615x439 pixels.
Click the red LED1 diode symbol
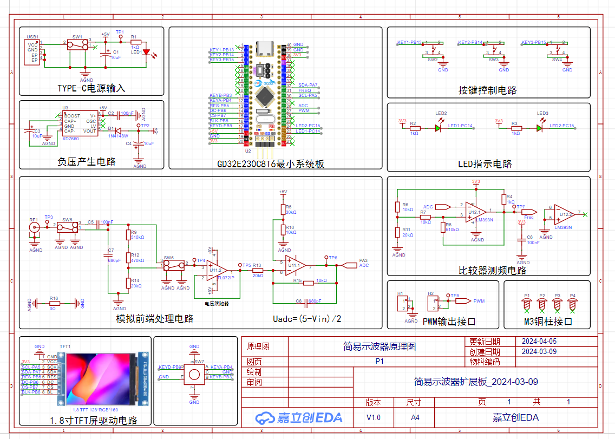[x=146, y=51]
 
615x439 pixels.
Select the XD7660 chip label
[x=70, y=139]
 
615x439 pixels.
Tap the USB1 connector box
[x=33, y=52]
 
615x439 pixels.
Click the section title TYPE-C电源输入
[x=91, y=88]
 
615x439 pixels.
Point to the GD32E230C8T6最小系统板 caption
[x=271, y=164]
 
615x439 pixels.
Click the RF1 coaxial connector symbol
[x=34, y=227]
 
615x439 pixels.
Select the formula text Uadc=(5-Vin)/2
[x=307, y=318]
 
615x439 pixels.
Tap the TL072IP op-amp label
[x=225, y=278]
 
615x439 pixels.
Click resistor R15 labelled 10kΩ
[x=308, y=283]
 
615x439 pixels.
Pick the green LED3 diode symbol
[x=539, y=128]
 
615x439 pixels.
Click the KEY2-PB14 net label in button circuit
[x=470, y=42]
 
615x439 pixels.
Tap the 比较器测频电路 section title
[x=492, y=270]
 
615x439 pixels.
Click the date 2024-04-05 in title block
[x=538, y=342]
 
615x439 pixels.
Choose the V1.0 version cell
[x=374, y=417]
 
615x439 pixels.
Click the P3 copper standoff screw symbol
[x=557, y=304]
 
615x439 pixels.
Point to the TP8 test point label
[x=455, y=296]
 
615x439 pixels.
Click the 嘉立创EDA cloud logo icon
[x=265, y=417]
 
